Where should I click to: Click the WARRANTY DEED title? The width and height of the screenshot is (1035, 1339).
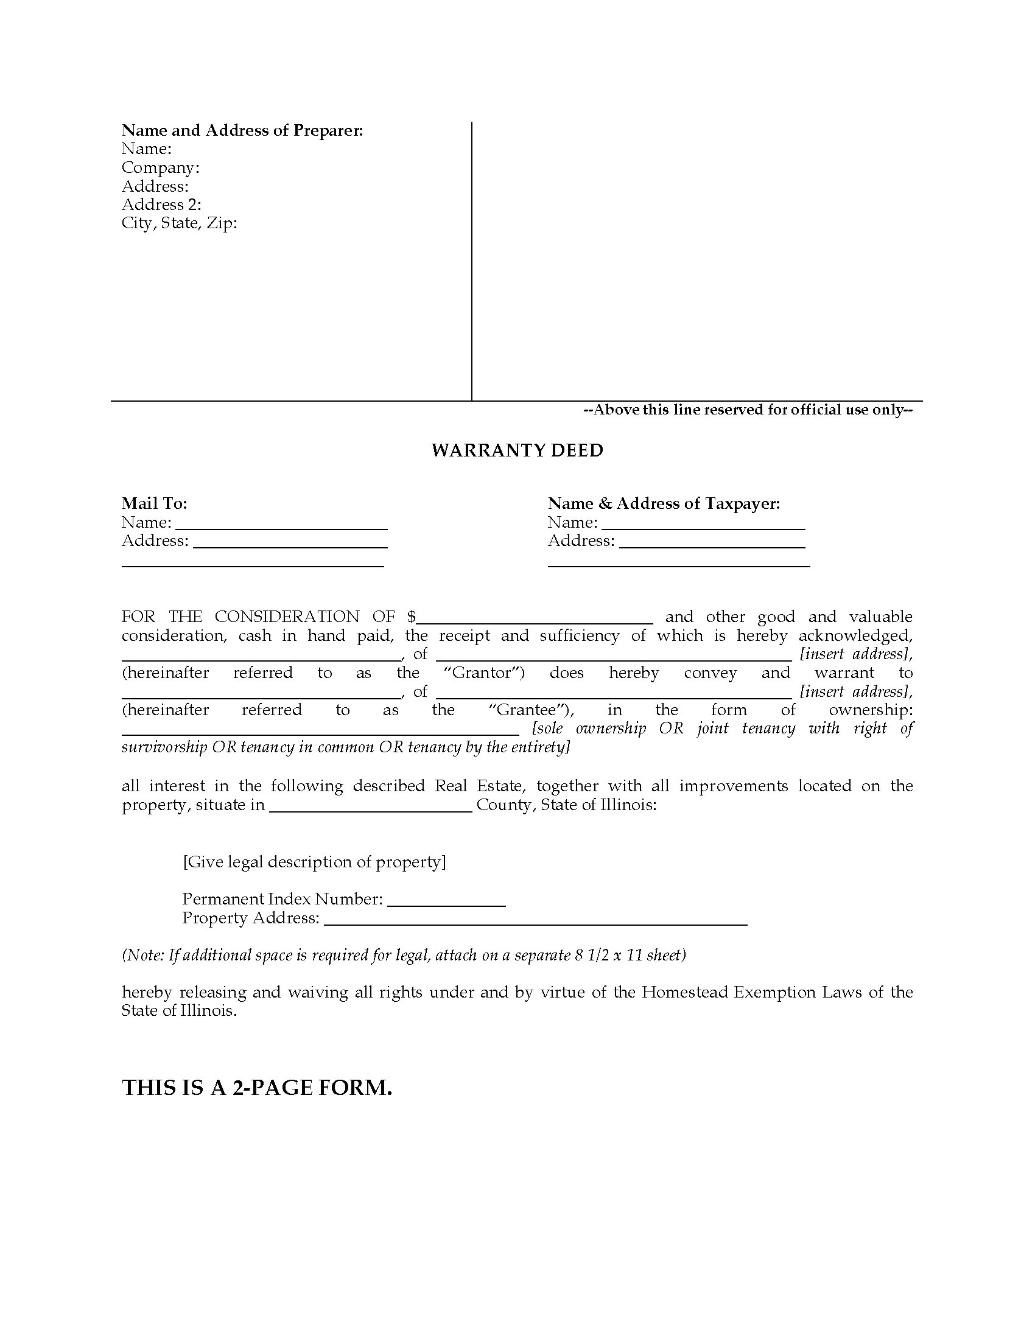[517, 450]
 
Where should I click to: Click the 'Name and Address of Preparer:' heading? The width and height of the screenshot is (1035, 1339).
[242, 130]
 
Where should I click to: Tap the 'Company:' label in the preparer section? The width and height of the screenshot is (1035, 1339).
[160, 167]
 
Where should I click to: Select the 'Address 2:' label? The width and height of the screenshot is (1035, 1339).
[161, 204]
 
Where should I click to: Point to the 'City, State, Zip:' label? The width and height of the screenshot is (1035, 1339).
[179, 223]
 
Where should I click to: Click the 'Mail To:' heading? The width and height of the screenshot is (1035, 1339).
[155, 503]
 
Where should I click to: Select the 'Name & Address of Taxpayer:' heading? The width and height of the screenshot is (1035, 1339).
[664, 503]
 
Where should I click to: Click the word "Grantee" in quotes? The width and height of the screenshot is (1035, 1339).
[531, 710]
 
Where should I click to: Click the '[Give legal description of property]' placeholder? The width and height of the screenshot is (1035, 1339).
[314, 862]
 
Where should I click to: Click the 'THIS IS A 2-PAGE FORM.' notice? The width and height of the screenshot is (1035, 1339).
[257, 1088]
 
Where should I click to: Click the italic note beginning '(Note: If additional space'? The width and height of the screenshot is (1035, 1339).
[404, 955]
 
